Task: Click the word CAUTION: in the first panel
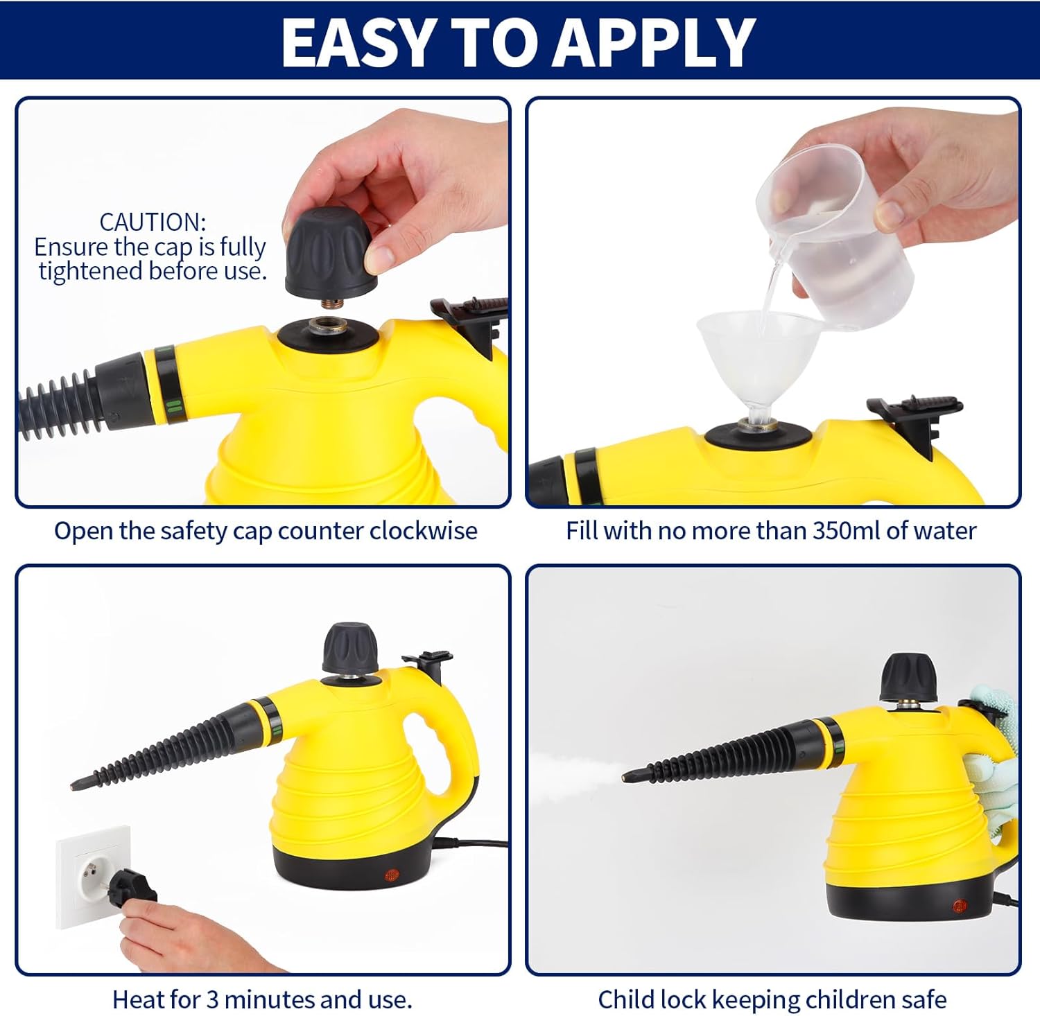click(x=153, y=222)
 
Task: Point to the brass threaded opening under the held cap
click(x=328, y=326)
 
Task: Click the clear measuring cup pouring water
click(x=835, y=236)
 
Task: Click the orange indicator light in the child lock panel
click(x=960, y=906)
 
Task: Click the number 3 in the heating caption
click(x=212, y=999)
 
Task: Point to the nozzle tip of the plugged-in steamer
click(x=75, y=785)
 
